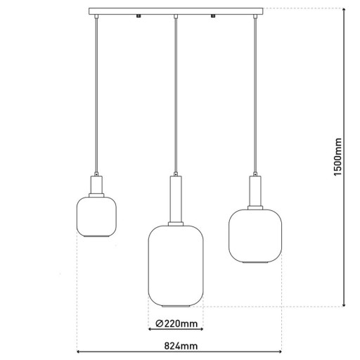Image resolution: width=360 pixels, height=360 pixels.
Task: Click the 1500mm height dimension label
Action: (x=337, y=155)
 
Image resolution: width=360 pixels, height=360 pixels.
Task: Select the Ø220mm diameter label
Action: (x=175, y=324)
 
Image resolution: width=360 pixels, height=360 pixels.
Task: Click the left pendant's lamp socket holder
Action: (x=95, y=185)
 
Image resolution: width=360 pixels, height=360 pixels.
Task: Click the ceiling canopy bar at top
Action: (x=176, y=12)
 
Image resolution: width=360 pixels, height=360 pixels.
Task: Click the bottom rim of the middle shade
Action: (x=175, y=307)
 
